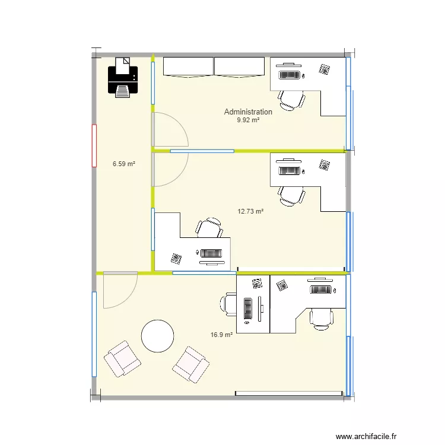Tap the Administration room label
point(248,112)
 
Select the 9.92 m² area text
point(248,120)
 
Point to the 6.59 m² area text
point(124,164)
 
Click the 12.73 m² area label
point(250,211)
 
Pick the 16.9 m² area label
point(221,335)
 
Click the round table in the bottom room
point(157,336)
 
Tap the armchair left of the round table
point(122,358)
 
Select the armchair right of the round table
point(190,364)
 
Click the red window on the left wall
point(94,145)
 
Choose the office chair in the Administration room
point(292,99)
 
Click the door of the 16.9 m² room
point(119,291)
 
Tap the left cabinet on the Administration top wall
point(187,66)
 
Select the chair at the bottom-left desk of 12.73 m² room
point(209,228)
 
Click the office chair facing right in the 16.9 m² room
point(229,303)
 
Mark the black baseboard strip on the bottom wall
point(288,393)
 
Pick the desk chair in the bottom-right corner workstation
point(321,318)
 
